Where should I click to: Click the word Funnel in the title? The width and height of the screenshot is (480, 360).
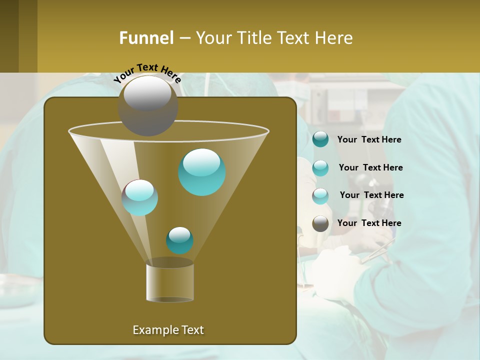click(146, 38)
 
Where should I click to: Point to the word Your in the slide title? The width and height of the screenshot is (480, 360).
click(213, 38)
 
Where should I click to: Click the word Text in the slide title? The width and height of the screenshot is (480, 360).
click(294, 38)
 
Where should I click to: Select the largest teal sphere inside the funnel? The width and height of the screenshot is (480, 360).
click(202, 172)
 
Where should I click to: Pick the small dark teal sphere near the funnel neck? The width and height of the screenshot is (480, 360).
click(179, 240)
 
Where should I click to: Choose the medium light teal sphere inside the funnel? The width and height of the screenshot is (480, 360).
click(139, 197)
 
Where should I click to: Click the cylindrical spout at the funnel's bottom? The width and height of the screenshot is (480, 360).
click(169, 282)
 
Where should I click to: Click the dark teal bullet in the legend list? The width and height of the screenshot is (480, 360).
click(320, 139)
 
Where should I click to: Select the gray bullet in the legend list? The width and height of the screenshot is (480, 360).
click(320, 223)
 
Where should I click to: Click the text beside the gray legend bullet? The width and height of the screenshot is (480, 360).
click(369, 223)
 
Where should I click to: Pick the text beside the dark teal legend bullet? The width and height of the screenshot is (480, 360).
click(369, 139)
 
